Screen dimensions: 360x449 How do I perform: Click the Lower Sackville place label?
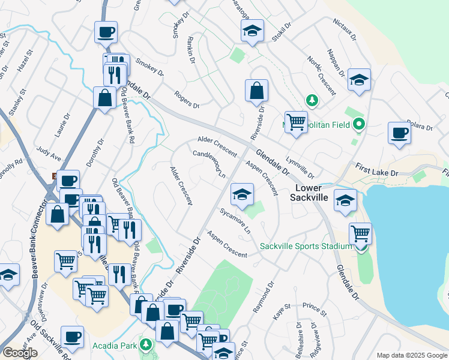pyautogui.click(x=312, y=192)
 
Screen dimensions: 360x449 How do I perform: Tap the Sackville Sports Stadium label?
pyautogui.click(x=306, y=247)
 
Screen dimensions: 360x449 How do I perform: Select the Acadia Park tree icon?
pyautogui.click(x=146, y=345)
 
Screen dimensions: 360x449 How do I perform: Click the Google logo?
pyautogui.click(x=20, y=353)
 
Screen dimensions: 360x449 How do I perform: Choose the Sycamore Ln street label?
pyautogui.click(x=235, y=221)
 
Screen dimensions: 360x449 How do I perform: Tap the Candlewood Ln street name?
pyautogui.click(x=208, y=163)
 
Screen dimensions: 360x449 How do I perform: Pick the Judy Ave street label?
pyautogui.click(x=49, y=154)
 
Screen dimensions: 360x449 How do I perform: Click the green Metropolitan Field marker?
pyautogui.click(x=360, y=125)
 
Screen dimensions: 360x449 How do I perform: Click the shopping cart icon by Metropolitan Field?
pyautogui.click(x=296, y=122)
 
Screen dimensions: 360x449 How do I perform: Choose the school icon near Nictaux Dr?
pyautogui.click(x=359, y=80)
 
